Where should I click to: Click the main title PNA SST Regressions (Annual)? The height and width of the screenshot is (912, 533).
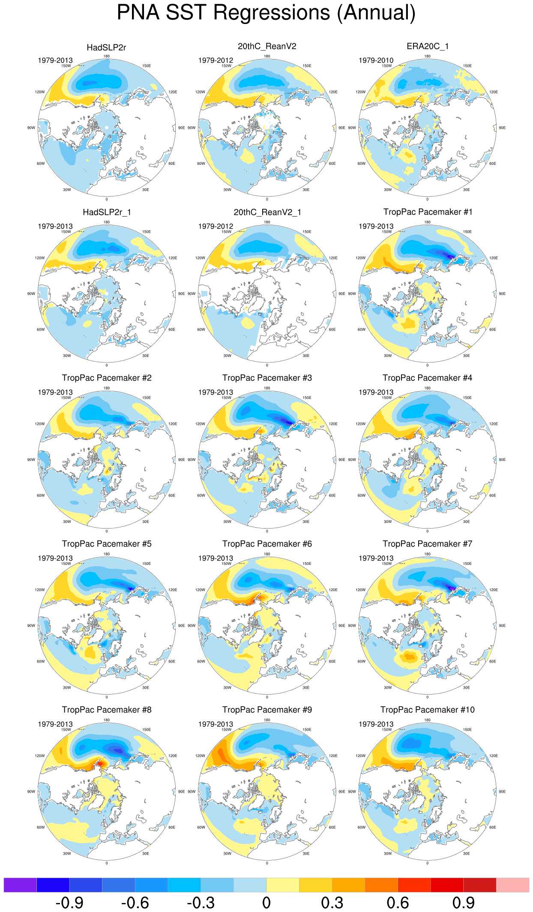[x=266, y=13]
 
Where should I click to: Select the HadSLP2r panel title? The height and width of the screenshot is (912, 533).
[x=106, y=48]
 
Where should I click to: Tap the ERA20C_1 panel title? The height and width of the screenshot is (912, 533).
[x=428, y=46]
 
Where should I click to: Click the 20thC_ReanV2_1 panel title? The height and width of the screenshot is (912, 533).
[x=267, y=212]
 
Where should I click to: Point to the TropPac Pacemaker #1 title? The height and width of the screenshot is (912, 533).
[x=428, y=212]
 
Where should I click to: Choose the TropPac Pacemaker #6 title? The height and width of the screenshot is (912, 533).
[x=267, y=544]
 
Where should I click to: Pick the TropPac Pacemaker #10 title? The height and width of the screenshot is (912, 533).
[x=428, y=710]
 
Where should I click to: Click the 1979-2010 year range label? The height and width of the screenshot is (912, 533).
[x=376, y=60]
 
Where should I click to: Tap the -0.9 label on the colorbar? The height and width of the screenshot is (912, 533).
[x=69, y=903]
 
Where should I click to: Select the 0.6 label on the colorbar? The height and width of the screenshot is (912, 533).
[x=398, y=903]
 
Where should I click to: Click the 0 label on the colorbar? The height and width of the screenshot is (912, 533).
[x=266, y=903]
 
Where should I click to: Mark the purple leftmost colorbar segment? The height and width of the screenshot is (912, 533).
[x=20, y=885]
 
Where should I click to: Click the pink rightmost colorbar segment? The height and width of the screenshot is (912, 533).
[x=512, y=885]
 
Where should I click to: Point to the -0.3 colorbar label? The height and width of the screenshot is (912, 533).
[x=201, y=903]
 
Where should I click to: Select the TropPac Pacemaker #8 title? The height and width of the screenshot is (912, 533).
[x=107, y=710]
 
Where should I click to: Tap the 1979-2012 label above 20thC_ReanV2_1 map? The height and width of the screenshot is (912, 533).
[x=216, y=226]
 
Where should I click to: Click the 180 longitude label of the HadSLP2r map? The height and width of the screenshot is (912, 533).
[x=107, y=56]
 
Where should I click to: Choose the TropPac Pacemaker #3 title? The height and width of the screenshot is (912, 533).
[x=267, y=378]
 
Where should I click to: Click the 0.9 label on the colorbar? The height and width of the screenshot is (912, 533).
[x=463, y=903]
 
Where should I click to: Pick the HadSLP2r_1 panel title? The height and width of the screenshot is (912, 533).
[x=107, y=212]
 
